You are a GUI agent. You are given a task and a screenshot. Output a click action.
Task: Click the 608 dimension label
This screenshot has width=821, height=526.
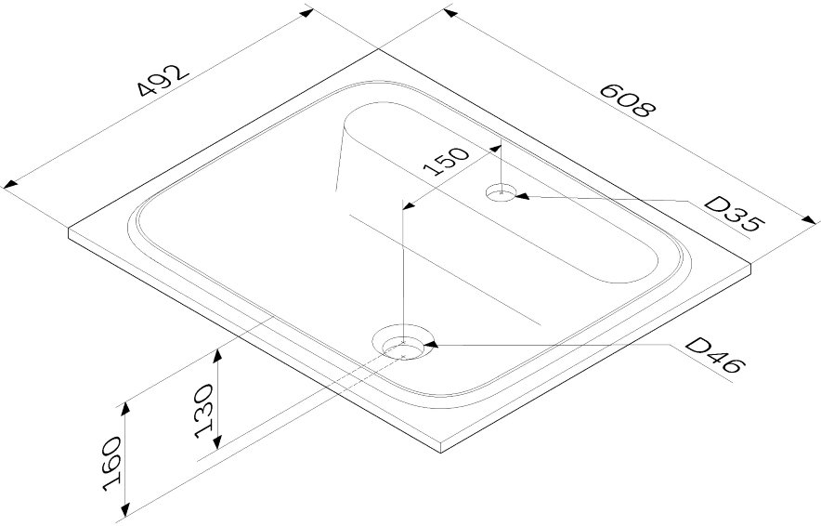click(627, 99)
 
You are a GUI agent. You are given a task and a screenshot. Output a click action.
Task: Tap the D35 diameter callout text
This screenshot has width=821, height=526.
click(733, 214)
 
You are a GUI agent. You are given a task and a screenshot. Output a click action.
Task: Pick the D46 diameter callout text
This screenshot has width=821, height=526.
click(713, 355)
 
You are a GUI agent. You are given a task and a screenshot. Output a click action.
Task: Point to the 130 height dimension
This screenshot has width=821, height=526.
click(204, 411)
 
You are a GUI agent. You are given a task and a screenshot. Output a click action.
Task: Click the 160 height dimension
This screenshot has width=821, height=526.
click(112, 464)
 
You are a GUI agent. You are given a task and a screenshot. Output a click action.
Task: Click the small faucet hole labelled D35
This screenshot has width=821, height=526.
click(502, 192)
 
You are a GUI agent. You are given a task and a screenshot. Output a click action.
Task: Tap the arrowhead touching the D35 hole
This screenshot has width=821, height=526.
click(523, 196)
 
